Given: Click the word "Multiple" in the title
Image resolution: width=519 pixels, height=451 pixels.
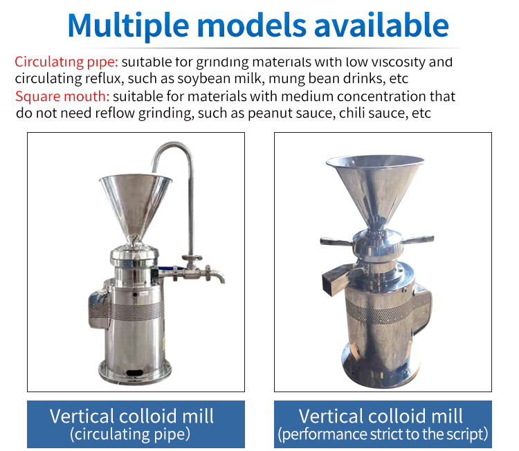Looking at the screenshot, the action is [129, 26].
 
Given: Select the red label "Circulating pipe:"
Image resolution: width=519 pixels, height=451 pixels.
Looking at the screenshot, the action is [66, 62].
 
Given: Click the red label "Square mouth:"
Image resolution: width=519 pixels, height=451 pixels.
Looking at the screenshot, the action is [62, 96].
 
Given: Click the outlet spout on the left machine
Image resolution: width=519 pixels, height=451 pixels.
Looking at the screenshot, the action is [217, 275].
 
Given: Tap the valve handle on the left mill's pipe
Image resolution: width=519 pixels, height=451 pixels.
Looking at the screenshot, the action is [192, 257].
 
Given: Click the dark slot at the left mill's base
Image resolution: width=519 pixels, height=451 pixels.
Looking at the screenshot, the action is [135, 373].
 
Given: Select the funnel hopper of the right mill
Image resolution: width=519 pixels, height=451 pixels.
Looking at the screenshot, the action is [375, 189].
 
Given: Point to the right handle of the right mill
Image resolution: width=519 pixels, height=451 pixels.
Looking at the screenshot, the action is [418, 239].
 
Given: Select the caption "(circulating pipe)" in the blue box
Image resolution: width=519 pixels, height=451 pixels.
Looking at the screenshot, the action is [130, 434].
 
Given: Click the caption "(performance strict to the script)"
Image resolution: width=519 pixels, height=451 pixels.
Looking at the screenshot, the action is [383, 434].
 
